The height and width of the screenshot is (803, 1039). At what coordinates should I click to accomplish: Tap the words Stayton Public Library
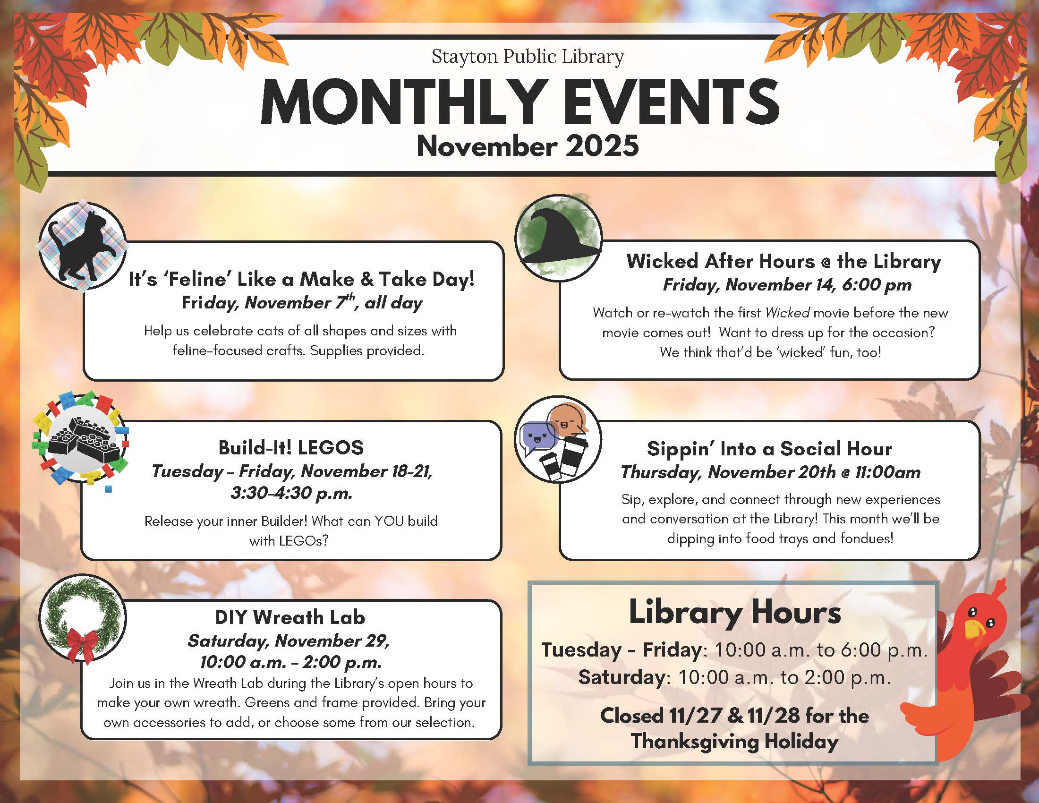[528, 57]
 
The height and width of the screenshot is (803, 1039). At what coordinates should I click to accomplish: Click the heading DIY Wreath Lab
[290, 617]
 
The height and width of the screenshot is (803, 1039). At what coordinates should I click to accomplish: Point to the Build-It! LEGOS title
[291, 448]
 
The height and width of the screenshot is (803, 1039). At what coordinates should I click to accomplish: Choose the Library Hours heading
[735, 613]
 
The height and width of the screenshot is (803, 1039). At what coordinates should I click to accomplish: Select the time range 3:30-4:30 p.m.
[291, 493]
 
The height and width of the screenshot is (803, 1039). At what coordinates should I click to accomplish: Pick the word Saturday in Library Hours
[622, 677]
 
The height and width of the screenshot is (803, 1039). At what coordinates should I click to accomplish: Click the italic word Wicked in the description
[787, 313]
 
